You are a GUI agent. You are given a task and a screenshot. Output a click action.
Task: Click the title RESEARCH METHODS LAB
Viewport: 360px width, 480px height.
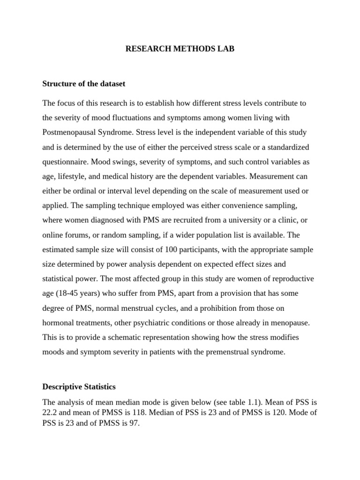pyautogui.click(x=180, y=48)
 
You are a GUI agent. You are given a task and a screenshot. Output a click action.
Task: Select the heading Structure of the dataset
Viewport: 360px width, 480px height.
pyautogui.click(x=84, y=84)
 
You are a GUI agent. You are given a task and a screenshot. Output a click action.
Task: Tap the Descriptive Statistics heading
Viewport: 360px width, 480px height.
pyautogui.click(x=79, y=387)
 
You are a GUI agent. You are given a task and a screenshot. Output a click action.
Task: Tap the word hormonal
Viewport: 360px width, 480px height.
pyautogui.click(x=58, y=323)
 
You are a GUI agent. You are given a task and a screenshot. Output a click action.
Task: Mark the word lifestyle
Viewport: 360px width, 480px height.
pyautogui.click(x=74, y=177)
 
